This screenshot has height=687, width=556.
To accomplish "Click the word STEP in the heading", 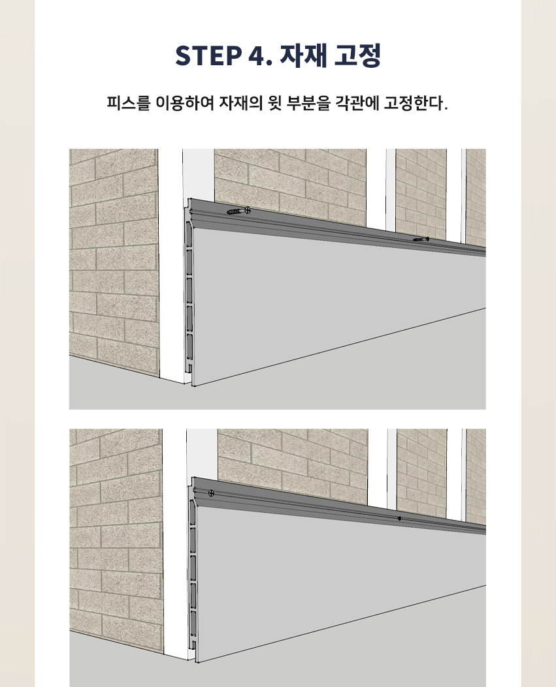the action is [208, 55].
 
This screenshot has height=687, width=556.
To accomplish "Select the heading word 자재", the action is [303, 55].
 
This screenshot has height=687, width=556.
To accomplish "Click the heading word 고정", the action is [357, 55].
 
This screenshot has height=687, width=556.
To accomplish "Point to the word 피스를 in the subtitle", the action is [129, 103].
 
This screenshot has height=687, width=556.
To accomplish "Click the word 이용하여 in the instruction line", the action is [185, 103].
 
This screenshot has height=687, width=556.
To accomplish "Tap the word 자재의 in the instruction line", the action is [240, 103].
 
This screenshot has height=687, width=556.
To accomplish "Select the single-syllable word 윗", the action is [274, 103].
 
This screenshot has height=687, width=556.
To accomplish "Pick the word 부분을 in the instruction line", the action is [308, 103].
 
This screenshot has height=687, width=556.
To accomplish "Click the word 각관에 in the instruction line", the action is [357, 103].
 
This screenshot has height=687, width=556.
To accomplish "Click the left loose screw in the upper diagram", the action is [238, 211].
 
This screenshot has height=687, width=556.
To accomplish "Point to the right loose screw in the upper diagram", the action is [421, 239].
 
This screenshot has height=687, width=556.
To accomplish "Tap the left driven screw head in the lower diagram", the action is [211, 493].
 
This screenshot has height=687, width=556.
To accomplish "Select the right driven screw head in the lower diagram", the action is [399, 518].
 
